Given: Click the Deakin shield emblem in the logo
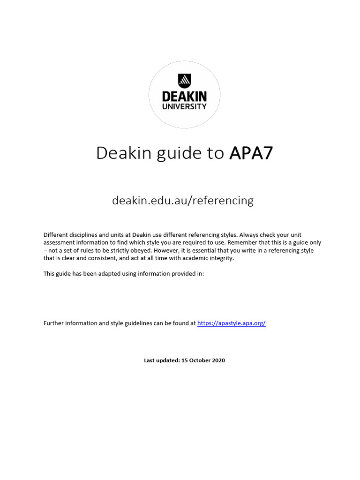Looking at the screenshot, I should point(184,80).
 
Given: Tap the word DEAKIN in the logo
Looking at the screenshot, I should point(184,97).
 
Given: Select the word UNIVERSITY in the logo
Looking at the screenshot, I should point(184,106).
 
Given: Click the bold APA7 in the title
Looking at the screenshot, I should point(251,153).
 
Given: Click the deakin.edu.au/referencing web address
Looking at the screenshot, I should point(183,201).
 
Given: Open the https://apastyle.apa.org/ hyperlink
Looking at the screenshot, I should point(232,323).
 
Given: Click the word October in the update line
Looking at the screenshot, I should point(199,360).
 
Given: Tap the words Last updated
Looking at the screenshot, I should point(161,360).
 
